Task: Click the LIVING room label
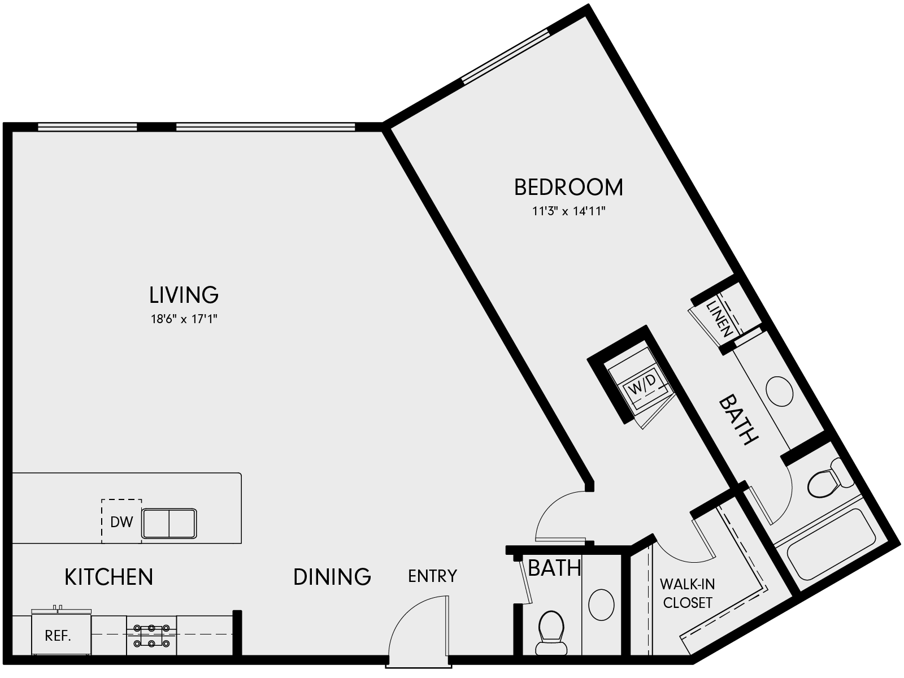point(184,294)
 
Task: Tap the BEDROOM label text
point(568,187)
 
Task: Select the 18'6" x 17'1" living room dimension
point(184,319)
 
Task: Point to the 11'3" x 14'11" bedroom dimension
point(568,212)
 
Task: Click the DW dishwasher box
point(121,521)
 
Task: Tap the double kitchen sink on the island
point(169,523)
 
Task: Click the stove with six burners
point(151,635)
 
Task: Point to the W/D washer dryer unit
point(642,386)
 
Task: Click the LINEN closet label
point(720,318)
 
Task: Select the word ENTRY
point(432,576)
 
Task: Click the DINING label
point(332,576)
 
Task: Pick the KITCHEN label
point(109,577)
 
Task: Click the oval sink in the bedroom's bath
point(780,390)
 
